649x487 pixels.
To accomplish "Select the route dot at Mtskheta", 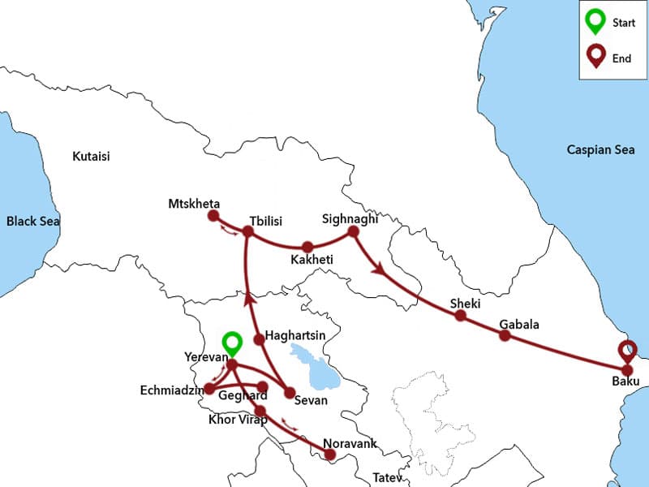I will point(213,216).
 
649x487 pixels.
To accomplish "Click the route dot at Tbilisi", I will point(248,232).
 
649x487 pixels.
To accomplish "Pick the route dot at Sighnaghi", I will point(353,232).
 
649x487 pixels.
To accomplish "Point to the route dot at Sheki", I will point(460,316).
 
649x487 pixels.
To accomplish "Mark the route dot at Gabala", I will point(504,335).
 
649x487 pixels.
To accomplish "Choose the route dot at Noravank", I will point(329,455).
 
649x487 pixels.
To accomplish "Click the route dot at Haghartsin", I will point(259,338).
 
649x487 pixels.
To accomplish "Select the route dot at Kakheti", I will point(307,247).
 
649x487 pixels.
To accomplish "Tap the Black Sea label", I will point(33,221).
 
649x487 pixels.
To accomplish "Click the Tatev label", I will point(386,477).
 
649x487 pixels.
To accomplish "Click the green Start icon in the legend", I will point(595,23).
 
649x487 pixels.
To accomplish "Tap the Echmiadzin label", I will point(171,390).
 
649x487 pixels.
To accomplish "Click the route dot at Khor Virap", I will point(260,410).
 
